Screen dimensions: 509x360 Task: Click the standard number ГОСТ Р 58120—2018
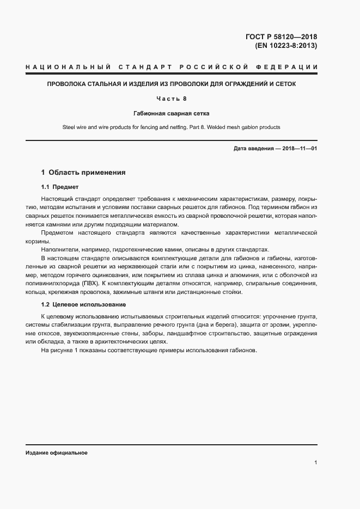pyautogui.click(x=281, y=36)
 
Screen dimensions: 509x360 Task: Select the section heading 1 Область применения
pyautogui.click(x=83, y=173)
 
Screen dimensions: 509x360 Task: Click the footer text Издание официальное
pyautogui.click(x=57, y=453)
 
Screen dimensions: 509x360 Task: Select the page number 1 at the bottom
pyautogui.click(x=315, y=463)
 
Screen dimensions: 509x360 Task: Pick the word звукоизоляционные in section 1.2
pyautogui.click(x=90, y=333)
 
